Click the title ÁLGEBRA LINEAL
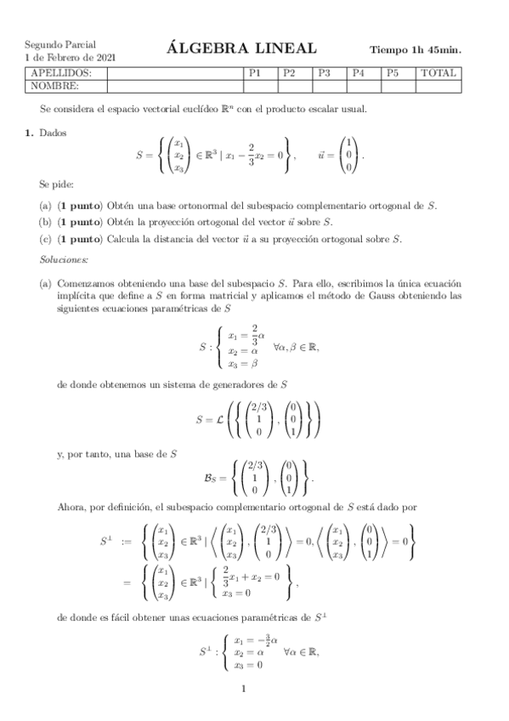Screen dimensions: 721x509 click(241, 48)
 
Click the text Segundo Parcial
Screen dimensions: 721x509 click(59, 43)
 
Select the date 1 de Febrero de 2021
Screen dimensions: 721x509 click(70, 56)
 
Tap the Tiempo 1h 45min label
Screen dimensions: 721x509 click(416, 50)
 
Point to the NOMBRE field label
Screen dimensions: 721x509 click(55, 85)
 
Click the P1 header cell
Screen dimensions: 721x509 click(254, 73)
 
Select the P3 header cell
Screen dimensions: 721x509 click(324, 73)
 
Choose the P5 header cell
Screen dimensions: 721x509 click(393, 73)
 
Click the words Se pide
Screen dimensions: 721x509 click(56, 183)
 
